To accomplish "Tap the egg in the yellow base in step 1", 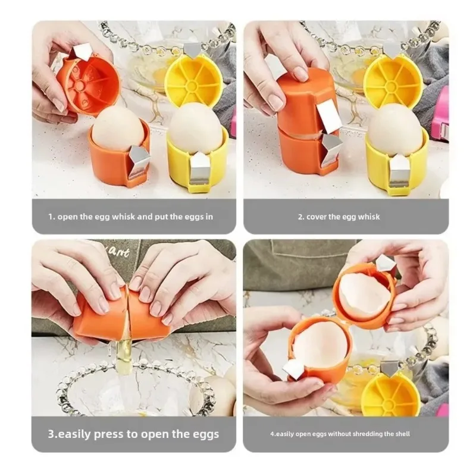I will pyautogui.click(x=195, y=127).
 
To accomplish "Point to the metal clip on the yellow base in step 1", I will pyautogui.click(x=201, y=169).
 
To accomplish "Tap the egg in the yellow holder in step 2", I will pyautogui.click(x=395, y=129).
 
